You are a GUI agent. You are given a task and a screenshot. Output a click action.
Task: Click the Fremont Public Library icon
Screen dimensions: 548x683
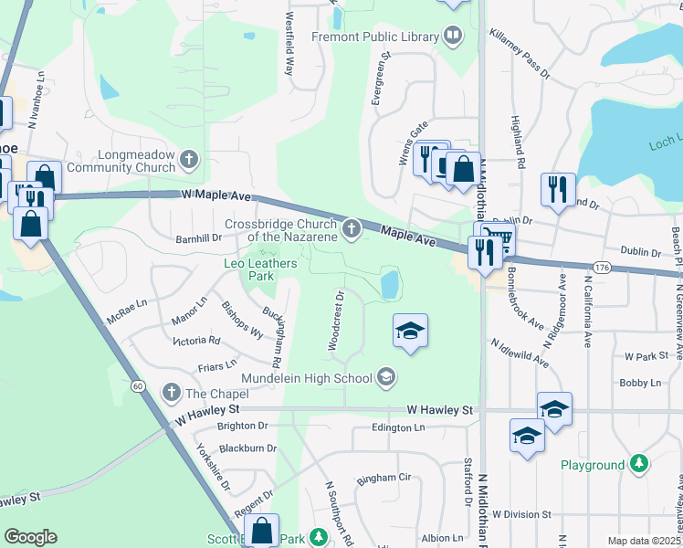453,36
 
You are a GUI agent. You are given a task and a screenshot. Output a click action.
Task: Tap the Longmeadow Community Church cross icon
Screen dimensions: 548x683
189,161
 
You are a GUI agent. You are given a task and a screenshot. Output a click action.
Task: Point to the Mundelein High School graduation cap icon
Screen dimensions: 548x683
386,377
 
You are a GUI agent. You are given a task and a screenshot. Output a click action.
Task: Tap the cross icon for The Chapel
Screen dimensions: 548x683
171,393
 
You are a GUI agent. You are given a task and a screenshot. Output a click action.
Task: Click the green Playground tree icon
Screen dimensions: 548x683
640,465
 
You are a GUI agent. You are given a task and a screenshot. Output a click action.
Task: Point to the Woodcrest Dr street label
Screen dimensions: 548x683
335,321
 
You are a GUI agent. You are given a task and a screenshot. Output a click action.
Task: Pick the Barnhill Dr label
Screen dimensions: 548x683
198,238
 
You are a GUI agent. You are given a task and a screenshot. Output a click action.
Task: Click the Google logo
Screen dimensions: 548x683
29,537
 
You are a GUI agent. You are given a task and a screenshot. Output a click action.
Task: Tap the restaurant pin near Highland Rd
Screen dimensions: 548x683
558,190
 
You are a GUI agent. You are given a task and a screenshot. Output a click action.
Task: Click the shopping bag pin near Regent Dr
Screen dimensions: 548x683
261,531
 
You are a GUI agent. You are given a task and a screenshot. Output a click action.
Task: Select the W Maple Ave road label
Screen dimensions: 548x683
215,195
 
